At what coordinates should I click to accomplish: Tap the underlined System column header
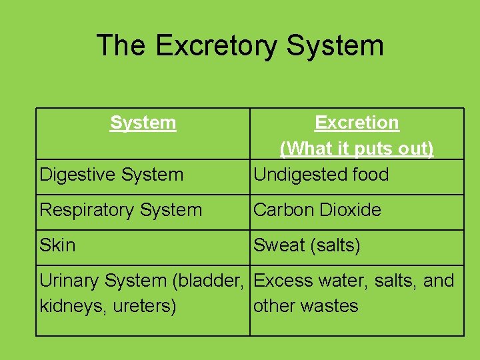coord(143,123)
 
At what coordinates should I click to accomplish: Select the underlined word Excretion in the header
coord(357,123)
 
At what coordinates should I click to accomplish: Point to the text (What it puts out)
coord(357,148)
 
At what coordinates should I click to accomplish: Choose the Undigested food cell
coord(321,175)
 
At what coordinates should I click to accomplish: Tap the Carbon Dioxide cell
coord(317,210)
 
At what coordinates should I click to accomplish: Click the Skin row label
coord(57,245)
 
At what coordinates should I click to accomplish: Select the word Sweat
coord(279,245)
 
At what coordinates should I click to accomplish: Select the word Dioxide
coord(350,210)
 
